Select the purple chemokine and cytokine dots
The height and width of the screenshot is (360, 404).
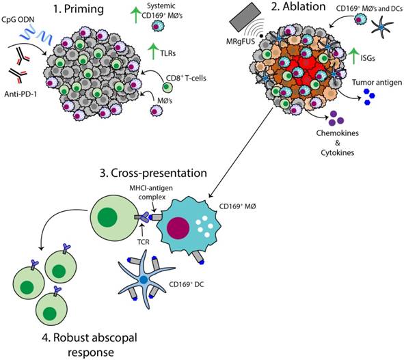coord(337,120)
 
